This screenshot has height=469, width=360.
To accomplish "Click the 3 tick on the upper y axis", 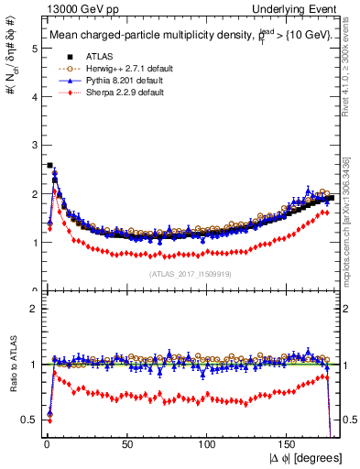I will pos(34,146).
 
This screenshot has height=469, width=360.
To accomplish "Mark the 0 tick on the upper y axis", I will pos(34,290).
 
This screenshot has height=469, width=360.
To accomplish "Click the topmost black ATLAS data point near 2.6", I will pos(49,166).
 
